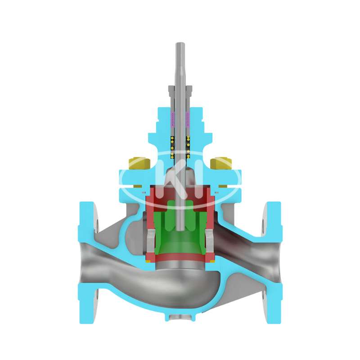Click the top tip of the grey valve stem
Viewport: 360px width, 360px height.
click(x=180, y=43)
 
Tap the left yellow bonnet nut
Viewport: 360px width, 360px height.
click(x=139, y=163)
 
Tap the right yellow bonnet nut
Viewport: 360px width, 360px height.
click(x=220, y=163)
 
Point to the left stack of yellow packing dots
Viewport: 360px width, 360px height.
click(x=172, y=148)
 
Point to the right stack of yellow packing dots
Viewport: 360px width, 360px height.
click(x=188, y=148)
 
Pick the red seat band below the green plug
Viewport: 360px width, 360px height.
click(x=180, y=258)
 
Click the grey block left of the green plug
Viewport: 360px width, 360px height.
click(x=151, y=241)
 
